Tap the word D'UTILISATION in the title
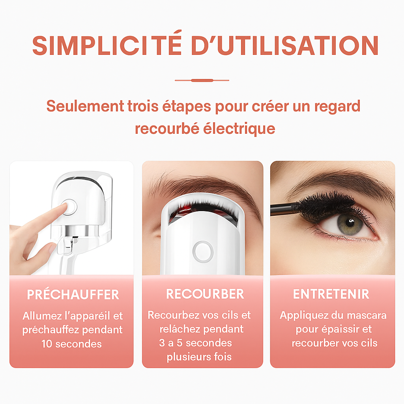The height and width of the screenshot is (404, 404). tap(285, 45)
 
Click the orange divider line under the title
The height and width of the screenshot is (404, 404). tap(202, 80)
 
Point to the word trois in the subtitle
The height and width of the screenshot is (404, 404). tap(142, 106)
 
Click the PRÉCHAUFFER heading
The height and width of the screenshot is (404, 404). tap(73, 294)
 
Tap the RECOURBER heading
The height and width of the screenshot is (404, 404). tap(205, 294)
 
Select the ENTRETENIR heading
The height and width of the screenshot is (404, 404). tap(331, 294)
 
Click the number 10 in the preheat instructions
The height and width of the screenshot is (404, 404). tap(47, 344)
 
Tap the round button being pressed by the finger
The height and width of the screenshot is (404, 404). tap(69, 206)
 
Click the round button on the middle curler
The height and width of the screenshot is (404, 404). tap(203, 251)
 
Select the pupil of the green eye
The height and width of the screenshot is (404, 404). tap(350, 223)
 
